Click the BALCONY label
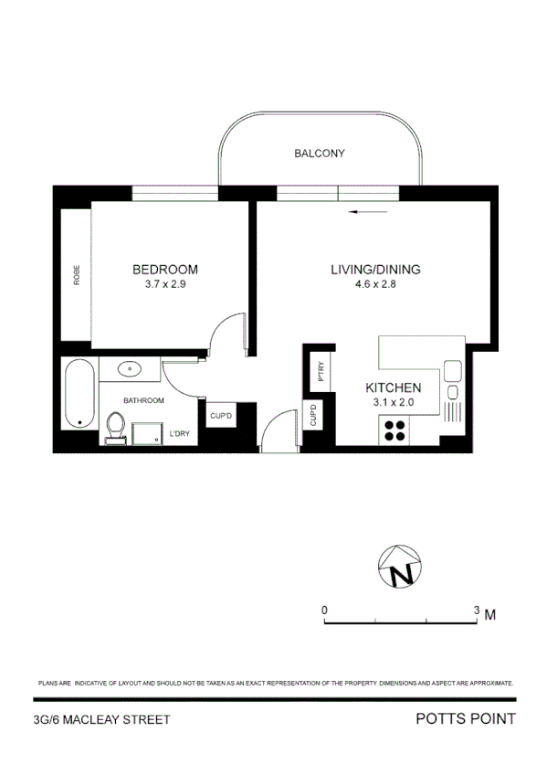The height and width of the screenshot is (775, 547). pyautogui.click(x=320, y=154)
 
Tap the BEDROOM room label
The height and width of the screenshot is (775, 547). pyautogui.click(x=165, y=270)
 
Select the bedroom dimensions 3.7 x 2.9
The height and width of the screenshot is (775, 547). pyautogui.click(x=165, y=284)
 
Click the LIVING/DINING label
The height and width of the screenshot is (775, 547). pyautogui.click(x=375, y=270)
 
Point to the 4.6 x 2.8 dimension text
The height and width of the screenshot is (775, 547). pyautogui.click(x=375, y=284)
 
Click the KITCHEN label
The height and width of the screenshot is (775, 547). pyautogui.click(x=393, y=387)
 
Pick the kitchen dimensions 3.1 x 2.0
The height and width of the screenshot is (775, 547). pyautogui.click(x=393, y=402)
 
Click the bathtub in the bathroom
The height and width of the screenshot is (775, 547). pyautogui.click(x=79, y=394)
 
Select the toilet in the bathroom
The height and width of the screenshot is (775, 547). pyautogui.click(x=116, y=428)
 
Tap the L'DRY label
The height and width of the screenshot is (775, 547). pyautogui.click(x=178, y=433)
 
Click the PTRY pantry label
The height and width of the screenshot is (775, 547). pyautogui.click(x=321, y=373)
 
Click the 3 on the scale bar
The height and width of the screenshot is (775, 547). pyautogui.click(x=477, y=609)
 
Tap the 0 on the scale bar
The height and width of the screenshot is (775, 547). pyautogui.click(x=324, y=609)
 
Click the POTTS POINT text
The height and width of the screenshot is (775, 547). pyautogui.click(x=465, y=719)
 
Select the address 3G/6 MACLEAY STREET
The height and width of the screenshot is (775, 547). pyautogui.click(x=100, y=720)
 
